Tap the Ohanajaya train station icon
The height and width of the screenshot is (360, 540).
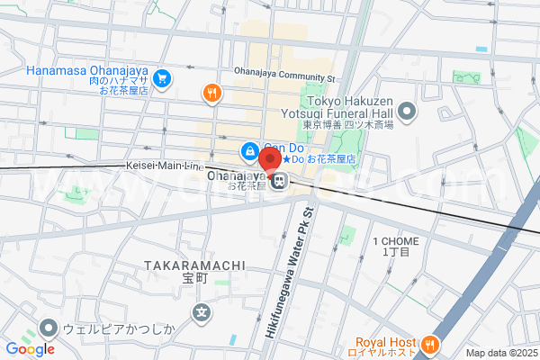tap(280, 182)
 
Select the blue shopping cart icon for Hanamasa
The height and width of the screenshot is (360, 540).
tap(162, 79)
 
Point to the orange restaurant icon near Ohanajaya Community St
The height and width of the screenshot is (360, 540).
tap(212, 92)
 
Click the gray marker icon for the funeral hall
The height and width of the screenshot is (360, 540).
tap(408, 112)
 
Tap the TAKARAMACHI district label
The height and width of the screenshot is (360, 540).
tap(194, 265)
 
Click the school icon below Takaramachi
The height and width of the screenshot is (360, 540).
tap(202, 313)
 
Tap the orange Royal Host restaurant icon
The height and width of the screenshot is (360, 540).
tap(430, 344)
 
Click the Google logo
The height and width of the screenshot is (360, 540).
tap(30, 349)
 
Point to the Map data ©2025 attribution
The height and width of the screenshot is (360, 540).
tap(500, 353)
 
